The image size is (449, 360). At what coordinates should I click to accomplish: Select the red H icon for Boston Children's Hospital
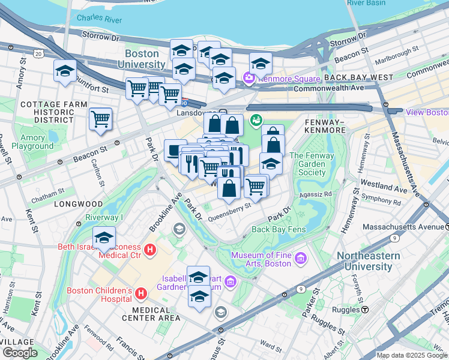pyautogui.click(x=141, y=293)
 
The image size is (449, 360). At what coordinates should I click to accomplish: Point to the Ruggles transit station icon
pyautogui.click(x=364, y=310)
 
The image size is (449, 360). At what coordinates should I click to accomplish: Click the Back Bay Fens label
pyautogui.click(x=279, y=229)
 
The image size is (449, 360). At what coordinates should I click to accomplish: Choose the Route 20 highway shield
pyautogui.click(x=39, y=54)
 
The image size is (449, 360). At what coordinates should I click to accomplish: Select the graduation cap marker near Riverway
pyautogui.click(x=104, y=237)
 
